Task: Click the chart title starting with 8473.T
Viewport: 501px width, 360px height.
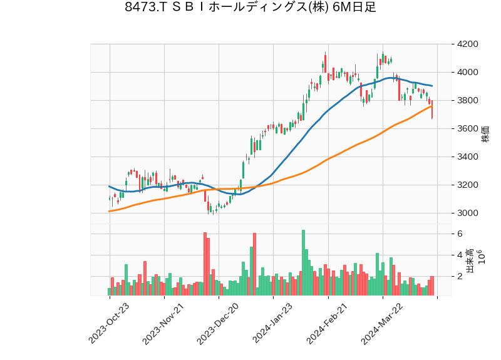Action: [250, 8]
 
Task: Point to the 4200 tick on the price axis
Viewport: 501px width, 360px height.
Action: [468, 44]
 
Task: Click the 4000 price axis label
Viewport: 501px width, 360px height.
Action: [468, 72]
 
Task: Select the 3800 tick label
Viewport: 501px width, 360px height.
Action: [468, 100]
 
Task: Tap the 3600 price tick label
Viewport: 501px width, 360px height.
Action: [468, 128]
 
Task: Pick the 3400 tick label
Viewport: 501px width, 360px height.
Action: [468, 157]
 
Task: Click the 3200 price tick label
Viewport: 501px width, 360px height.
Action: [468, 185]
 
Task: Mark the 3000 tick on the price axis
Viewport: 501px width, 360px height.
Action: [468, 213]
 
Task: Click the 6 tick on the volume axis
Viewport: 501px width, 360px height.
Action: [460, 234]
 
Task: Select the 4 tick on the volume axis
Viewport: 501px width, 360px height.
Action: [460, 255]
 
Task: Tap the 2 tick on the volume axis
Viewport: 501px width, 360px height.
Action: [460, 276]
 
